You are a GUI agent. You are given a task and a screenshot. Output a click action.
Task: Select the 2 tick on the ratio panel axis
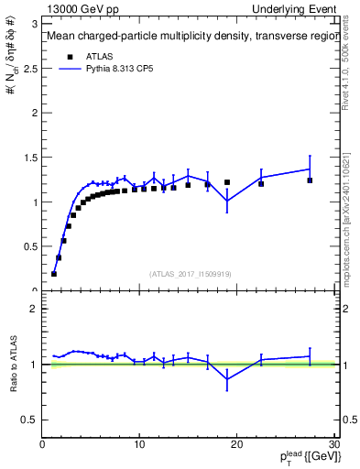[37, 309]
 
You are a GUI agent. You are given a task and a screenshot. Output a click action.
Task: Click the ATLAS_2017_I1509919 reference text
[191, 273]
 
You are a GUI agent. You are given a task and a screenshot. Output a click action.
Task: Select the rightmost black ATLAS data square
[310, 180]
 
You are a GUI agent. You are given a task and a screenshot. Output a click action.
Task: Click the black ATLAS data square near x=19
[227, 182]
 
